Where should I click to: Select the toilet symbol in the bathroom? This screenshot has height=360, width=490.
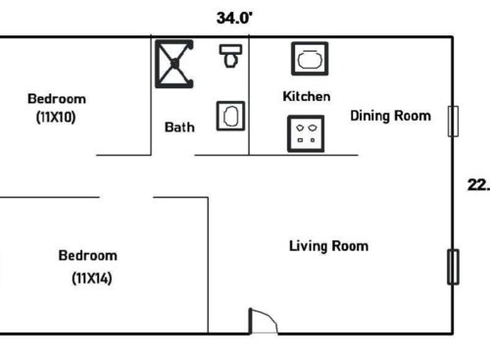coord(231,56)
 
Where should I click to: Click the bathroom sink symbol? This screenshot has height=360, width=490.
coord(231,117)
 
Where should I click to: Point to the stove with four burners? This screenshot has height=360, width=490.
coord(306,133)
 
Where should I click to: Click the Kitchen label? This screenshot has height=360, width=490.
coord(306,96)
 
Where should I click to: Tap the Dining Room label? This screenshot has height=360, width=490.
coord(390,116)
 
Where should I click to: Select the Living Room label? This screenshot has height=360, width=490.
coord(328,245)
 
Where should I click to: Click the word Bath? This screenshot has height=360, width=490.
coord(178,127)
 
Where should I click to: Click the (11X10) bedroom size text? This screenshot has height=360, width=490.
coord(56,117)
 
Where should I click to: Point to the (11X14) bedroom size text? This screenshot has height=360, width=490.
coord(91,278)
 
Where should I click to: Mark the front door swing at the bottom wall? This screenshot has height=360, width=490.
coord(264,321)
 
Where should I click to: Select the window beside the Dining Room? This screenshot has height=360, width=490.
coord(453,121)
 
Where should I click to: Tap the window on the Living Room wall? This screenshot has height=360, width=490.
coord(453,267)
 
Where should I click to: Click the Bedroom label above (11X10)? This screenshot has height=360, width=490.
coord(56,98)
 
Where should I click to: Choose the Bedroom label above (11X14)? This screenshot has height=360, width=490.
coord(88,256)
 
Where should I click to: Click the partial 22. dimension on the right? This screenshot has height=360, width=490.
coord(478,183)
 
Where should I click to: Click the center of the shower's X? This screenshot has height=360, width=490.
coord(174,63)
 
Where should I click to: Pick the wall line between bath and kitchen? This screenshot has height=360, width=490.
coord(249,98)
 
